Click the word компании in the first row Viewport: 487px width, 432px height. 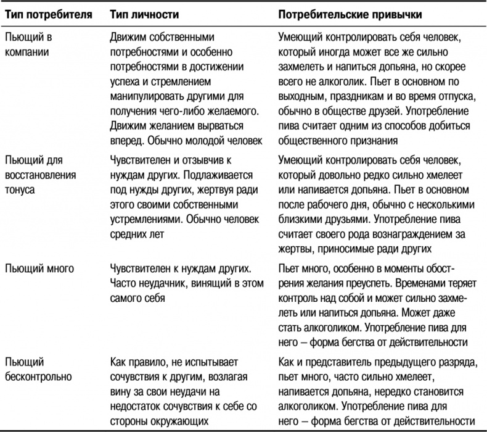click(x=26, y=52)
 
